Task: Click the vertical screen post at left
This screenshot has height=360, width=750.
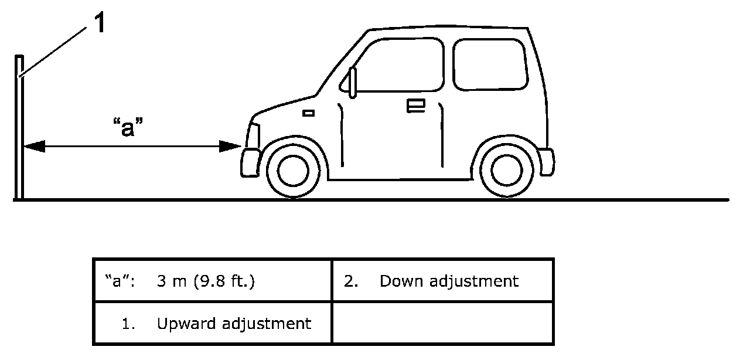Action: click(x=20, y=129)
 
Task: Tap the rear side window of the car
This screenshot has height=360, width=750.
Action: click(x=488, y=64)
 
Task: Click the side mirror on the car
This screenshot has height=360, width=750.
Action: click(x=353, y=82)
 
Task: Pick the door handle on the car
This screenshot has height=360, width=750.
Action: click(x=416, y=105)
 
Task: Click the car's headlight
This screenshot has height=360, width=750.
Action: click(x=253, y=135)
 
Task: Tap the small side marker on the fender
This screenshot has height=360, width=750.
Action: click(x=308, y=113)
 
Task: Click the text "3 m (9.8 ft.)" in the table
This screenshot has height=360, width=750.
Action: click(x=206, y=281)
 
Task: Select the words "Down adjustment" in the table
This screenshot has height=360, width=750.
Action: click(x=449, y=281)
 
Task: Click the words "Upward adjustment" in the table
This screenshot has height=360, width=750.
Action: click(x=234, y=323)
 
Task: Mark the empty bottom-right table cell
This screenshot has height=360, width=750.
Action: click(x=442, y=322)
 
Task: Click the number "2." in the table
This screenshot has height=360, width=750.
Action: click(x=351, y=281)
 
